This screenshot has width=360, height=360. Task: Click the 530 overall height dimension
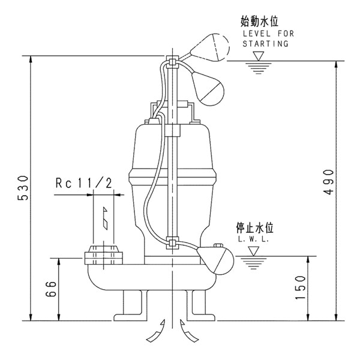coord(22,190)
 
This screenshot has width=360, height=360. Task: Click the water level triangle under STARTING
coord(259,56)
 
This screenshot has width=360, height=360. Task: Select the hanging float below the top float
coord(208,86)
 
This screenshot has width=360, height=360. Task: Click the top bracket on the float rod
coord(172,61)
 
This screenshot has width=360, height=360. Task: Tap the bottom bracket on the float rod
coord(172,243)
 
